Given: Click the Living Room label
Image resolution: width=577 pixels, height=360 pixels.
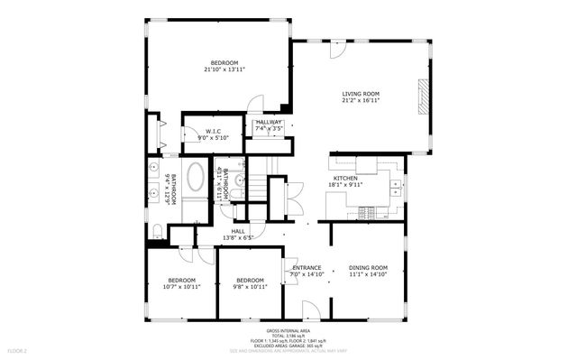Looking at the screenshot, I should (360, 94).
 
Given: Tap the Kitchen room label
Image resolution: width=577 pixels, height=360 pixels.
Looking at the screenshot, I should (346, 179).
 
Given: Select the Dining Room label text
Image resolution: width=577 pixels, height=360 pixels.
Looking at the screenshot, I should (368, 268).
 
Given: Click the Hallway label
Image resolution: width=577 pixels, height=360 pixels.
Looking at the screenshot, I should (269, 123).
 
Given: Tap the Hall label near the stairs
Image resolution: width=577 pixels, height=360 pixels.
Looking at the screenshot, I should (238, 231).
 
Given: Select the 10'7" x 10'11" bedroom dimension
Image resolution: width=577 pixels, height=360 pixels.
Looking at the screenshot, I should (181, 286).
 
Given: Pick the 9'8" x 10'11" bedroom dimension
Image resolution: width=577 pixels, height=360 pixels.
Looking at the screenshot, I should (249, 286).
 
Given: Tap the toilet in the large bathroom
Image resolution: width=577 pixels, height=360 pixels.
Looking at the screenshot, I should (157, 230).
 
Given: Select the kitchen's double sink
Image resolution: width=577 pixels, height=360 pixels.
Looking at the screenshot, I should (396, 186).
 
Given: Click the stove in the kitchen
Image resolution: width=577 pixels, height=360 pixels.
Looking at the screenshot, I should (367, 213).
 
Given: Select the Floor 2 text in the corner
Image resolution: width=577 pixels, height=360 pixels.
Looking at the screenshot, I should (18, 349).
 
